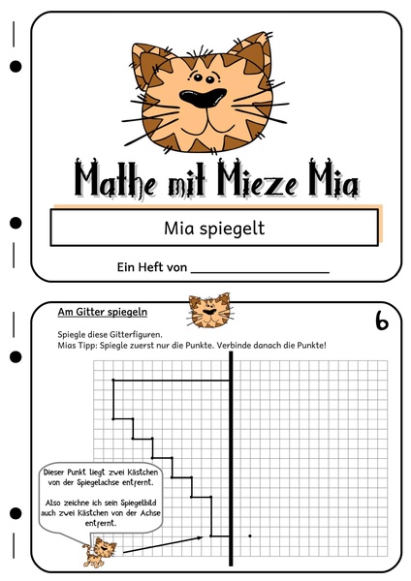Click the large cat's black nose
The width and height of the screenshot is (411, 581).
205,98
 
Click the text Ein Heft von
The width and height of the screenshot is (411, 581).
150,266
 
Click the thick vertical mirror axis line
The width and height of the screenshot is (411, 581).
232,455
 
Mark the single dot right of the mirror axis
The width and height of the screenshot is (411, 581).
250,535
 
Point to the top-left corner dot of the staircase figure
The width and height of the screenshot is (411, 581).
114,381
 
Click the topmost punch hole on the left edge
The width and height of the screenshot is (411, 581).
15,67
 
